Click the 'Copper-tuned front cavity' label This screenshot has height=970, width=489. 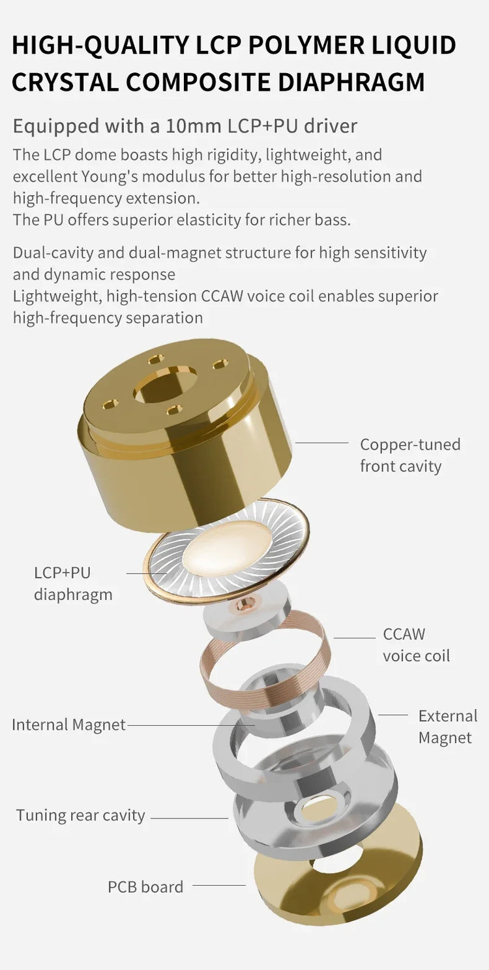click(410, 455)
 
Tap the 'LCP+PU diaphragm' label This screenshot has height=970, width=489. click(73, 584)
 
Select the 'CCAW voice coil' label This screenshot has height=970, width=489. click(416, 645)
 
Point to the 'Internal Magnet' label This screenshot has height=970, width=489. click(68, 725)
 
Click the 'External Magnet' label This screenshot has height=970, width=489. click(447, 727)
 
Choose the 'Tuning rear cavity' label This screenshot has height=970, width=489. click(80, 815)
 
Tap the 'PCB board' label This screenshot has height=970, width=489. click(145, 886)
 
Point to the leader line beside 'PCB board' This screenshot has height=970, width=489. click(219, 886)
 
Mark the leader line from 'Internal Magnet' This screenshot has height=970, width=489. click(191, 725)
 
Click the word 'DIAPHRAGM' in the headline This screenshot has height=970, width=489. click(351, 82)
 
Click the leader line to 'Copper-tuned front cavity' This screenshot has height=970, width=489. click(321, 443)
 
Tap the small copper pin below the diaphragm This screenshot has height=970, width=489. click(247, 602)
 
